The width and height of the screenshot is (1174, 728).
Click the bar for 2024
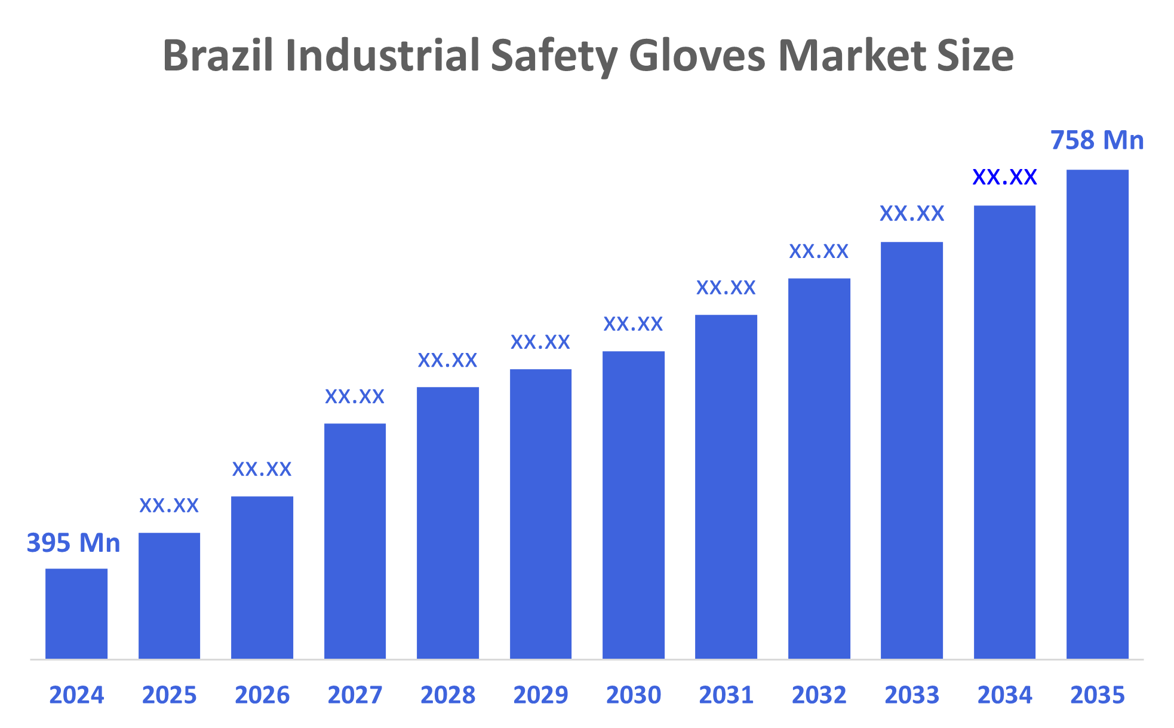(x=76, y=613)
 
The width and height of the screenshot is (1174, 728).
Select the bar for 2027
(x=355, y=540)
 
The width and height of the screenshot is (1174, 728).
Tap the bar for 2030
(x=633, y=505)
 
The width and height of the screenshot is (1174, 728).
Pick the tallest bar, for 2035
(x=1097, y=414)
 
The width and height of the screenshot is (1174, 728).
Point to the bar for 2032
(x=819, y=468)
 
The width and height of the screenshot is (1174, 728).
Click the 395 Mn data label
(x=73, y=543)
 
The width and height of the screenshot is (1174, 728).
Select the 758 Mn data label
(x=1097, y=140)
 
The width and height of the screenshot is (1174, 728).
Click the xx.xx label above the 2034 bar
(x=1004, y=177)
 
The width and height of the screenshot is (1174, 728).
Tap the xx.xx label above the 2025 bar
(x=169, y=506)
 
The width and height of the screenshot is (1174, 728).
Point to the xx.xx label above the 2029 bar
(x=540, y=342)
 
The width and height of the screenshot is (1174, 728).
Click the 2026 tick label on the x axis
(x=262, y=695)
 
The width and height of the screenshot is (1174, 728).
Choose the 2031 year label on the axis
(x=726, y=695)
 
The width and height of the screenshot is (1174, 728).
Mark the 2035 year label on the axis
(x=1097, y=695)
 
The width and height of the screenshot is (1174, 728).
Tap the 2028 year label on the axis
(x=448, y=695)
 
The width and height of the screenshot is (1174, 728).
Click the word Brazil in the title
(x=218, y=56)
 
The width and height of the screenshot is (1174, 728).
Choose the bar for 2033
(x=911, y=450)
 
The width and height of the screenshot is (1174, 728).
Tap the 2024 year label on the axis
(x=76, y=695)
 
